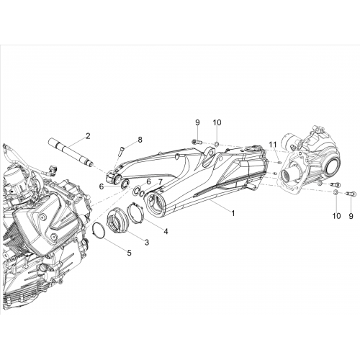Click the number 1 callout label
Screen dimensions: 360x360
tap(233, 212)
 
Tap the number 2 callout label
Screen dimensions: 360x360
tap(88, 136)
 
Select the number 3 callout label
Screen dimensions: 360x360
tap(147, 242)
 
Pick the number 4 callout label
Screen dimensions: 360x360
tap(166, 231)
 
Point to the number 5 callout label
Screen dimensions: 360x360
tap(130, 253)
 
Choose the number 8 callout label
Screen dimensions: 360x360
tap(140, 140)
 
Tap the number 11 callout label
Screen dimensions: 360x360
tap(273, 145)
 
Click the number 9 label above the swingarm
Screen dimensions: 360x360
tap(197, 122)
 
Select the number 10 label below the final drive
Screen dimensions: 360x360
tap(337, 216)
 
